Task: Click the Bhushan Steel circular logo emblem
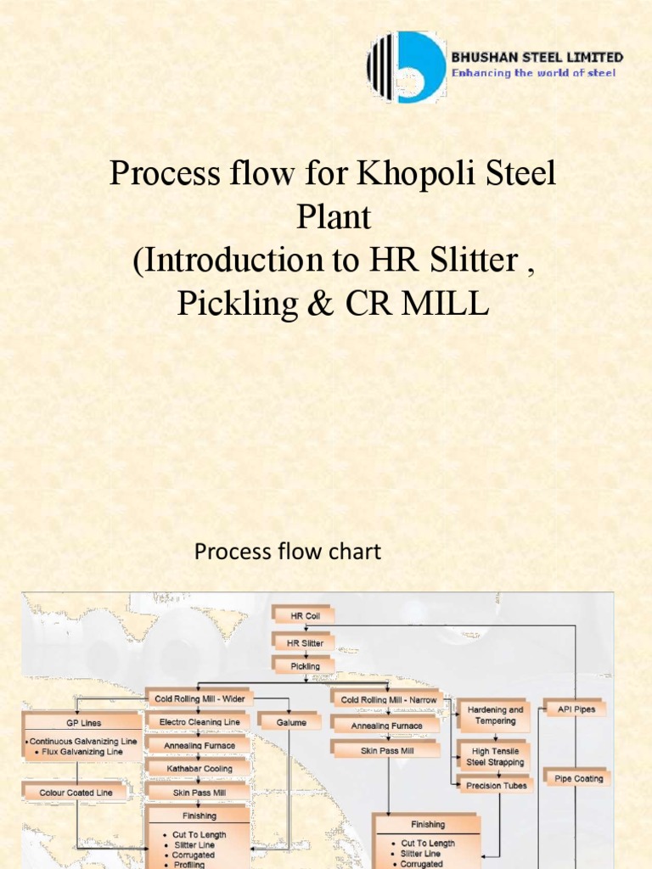tap(406, 67)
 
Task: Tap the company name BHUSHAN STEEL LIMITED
tap(537, 58)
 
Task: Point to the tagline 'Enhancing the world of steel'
tap(533, 73)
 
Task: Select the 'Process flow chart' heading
tap(288, 552)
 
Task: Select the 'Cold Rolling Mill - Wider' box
tap(199, 698)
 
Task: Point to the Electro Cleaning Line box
tap(199, 722)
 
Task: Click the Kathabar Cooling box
tap(199, 768)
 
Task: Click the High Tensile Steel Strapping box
tap(495, 756)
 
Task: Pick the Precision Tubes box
tap(495, 786)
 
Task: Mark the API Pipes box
tap(576, 709)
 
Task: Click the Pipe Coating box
tap(578, 778)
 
